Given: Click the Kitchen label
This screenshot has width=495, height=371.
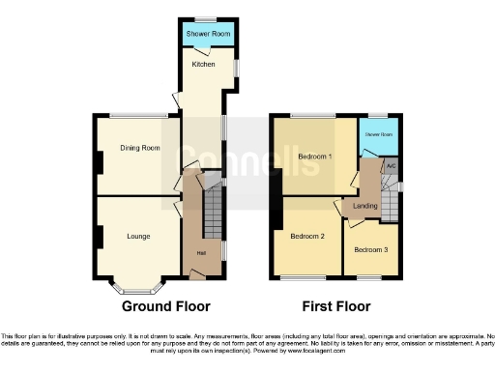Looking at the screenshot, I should coord(203,64).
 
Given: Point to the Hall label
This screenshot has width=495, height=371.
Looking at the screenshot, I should coord(201,253).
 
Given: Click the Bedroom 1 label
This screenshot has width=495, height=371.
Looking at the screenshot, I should coord(314,156).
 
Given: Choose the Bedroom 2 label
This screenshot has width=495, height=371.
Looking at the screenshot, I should coord(309,236).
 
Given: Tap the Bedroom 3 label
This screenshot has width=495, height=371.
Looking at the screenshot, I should coord(369,249).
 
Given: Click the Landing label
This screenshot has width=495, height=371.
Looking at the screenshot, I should coord(365,206).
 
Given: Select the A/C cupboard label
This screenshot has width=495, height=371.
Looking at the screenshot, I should coord(391,166).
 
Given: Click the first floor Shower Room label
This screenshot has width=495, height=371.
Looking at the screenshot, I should coord(379,135).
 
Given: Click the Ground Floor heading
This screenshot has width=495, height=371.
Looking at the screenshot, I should coord(165,306).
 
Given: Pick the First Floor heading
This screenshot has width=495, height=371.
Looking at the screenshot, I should coord(335,306).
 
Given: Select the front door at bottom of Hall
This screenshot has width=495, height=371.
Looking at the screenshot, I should coord(197,276).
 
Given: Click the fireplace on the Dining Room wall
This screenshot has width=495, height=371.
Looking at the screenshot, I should coord(98,162).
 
